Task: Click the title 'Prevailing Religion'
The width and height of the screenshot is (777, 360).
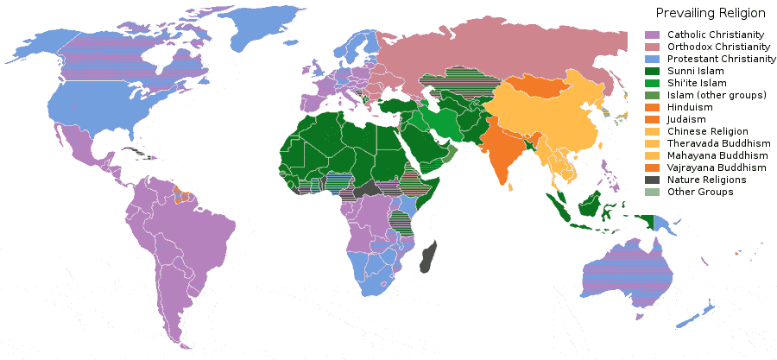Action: point(710,13)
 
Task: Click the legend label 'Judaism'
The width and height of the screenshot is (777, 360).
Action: point(687,118)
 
